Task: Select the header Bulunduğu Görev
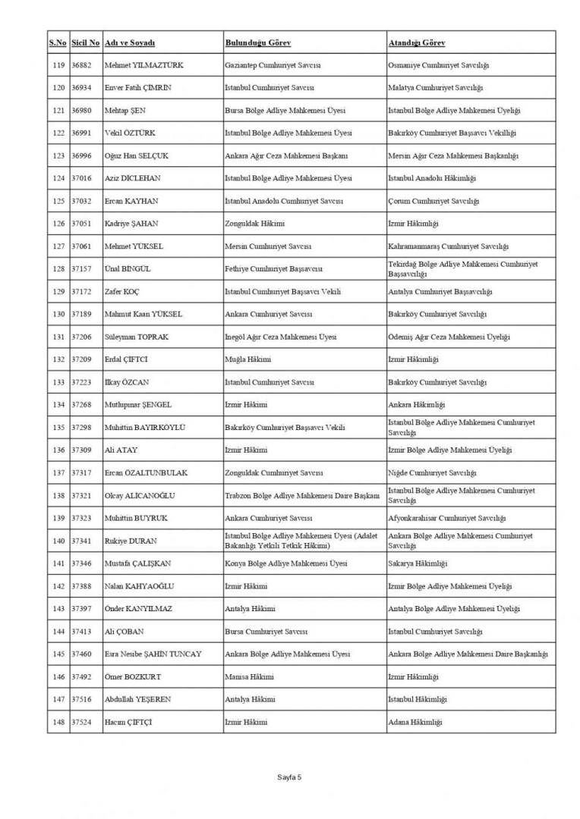[258, 42]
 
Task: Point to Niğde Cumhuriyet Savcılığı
[432, 473]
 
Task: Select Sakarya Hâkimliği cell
[418, 563]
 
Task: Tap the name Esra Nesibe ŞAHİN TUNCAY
[153, 654]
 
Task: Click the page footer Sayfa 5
[289, 777]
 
